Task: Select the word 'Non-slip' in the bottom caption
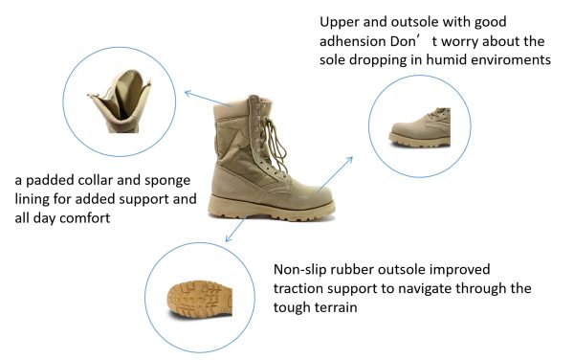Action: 301,270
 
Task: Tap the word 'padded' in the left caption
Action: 54,181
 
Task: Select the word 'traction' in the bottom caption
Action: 303,290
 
